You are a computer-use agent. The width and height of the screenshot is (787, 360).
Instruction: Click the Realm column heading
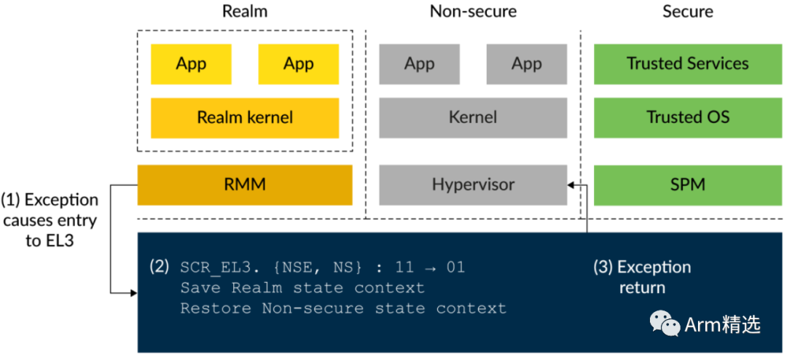click(x=244, y=11)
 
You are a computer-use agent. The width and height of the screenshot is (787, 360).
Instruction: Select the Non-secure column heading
click(x=473, y=11)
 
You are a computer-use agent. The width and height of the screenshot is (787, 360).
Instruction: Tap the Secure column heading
click(x=687, y=11)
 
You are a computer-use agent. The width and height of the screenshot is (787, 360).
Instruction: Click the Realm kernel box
click(x=245, y=117)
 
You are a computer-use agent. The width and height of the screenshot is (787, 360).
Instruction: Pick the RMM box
click(x=245, y=184)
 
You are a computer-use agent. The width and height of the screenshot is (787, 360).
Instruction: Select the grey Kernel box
click(x=473, y=117)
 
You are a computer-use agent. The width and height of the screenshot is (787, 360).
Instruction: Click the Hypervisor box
click(x=473, y=184)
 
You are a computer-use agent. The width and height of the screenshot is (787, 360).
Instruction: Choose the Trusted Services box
click(x=687, y=64)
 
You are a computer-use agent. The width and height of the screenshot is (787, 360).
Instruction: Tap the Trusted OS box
click(x=687, y=117)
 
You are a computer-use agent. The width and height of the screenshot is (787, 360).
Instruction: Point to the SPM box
click(x=687, y=184)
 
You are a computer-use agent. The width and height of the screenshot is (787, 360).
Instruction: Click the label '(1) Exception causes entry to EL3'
click(x=50, y=220)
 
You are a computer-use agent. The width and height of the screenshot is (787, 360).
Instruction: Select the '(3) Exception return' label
click(x=642, y=277)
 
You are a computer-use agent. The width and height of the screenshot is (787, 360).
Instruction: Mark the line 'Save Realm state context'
click(x=302, y=288)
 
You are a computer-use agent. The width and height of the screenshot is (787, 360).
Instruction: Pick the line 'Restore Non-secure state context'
click(x=342, y=308)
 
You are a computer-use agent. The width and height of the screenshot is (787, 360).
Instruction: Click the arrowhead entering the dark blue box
click(x=133, y=293)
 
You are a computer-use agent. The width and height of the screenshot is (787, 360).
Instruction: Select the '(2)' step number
click(x=160, y=267)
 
